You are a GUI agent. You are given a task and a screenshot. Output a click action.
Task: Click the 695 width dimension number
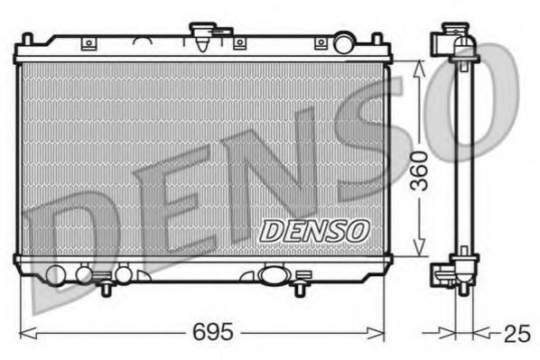(214, 332)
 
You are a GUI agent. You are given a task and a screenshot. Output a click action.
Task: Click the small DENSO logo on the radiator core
(313, 231)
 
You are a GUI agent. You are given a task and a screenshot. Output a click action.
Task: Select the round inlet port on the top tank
(343, 42)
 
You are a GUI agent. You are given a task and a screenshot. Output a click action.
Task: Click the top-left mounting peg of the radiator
(27, 40)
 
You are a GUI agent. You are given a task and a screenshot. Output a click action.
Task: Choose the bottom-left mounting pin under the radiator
(107, 289)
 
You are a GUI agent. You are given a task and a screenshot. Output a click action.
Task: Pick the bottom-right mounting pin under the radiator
(299, 289)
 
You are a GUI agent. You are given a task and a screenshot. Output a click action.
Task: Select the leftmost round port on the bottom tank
(55, 274)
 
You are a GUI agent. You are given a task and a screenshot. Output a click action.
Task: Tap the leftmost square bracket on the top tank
(88, 42)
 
